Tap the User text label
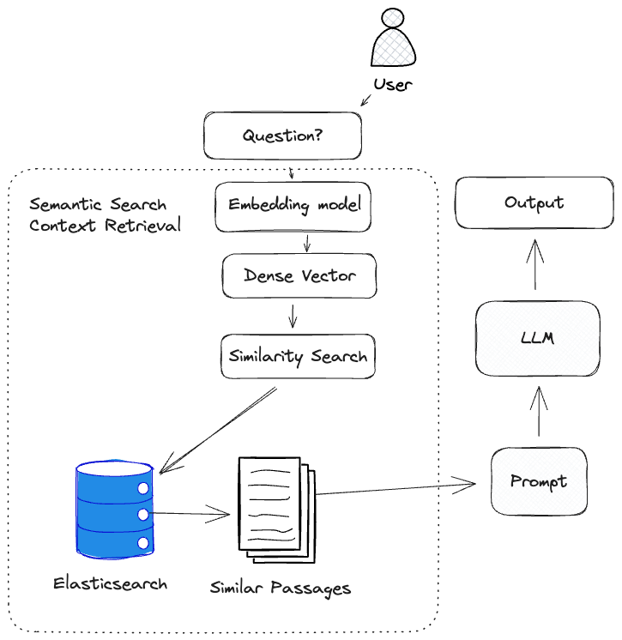tap(392, 84)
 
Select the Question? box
tap(282, 136)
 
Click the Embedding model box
tap(293, 206)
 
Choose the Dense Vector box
tap(299, 275)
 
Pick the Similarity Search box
tap(298, 356)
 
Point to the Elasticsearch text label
tap(110, 583)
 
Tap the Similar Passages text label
tap(281, 589)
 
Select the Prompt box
tap(538, 481)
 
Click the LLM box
tap(537, 338)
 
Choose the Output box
tap(534, 203)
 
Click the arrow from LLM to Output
tap(535, 264)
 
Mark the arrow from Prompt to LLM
tap(540, 411)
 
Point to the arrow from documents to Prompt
tap(395, 489)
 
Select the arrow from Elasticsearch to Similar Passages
tap(192, 515)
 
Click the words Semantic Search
tap(98, 205)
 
